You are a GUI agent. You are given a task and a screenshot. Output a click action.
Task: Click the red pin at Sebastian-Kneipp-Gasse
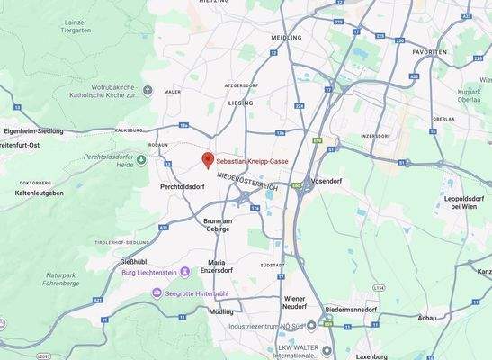coord(208,159)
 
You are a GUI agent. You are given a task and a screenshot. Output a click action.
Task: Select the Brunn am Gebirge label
coord(218,225)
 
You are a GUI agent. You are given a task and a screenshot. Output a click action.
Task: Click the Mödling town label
coord(220,311)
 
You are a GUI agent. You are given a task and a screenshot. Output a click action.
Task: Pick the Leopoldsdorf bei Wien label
coord(467,202)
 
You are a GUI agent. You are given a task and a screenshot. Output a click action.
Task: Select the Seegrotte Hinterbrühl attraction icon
coord(158,293)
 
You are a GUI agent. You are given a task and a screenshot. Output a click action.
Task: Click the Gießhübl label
coord(132,262)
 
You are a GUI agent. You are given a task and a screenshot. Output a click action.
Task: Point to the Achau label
coord(427,318)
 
